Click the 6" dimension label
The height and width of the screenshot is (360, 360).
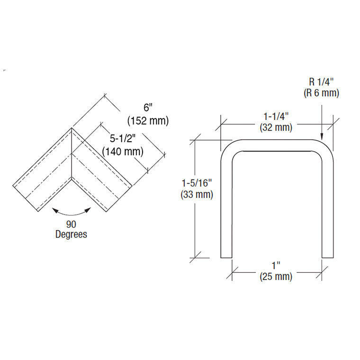pos(148,108)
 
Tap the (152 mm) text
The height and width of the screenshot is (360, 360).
pos(148,120)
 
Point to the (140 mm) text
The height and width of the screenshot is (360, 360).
pos(123,152)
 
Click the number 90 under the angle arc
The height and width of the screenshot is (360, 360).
pos(71,225)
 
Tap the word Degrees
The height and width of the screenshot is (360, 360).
pos(71,234)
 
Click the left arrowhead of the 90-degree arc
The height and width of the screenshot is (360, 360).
pos(55,210)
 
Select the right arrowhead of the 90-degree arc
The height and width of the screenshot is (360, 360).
pos(88,210)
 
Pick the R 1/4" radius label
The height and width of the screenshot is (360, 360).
pos(322,82)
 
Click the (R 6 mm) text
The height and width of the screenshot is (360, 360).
pos(322,93)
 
